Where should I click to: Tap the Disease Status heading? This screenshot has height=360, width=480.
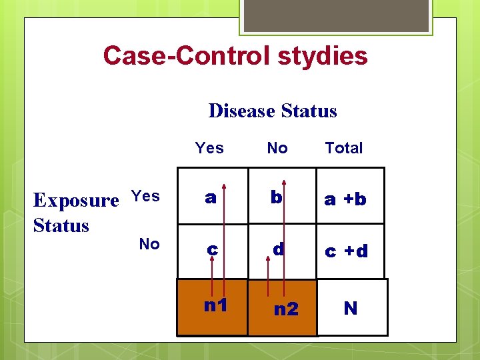[x=273, y=111]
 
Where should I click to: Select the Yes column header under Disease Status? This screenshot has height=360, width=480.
[x=209, y=148]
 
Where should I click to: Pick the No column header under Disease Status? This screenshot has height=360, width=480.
[x=277, y=148]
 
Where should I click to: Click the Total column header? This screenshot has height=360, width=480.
[x=344, y=148]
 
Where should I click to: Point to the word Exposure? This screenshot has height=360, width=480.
[x=76, y=200]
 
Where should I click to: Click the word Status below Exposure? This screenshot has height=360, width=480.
[x=61, y=225]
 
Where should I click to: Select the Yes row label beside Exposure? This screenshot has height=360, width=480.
[x=145, y=196]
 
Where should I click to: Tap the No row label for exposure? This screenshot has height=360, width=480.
[x=149, y=245]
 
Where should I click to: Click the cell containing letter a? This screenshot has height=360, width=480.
[x=211, y=198]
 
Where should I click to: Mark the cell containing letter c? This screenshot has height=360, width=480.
[x=212, y=249]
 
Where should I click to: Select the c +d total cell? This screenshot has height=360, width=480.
[x=346, y=251]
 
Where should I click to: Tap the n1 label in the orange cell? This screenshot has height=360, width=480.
[x=215, y=306]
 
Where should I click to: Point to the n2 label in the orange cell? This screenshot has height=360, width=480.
[x=286, y=309]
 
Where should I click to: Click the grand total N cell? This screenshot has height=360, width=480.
[x=351, y=308]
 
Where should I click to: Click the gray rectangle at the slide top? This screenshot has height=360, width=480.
[x=336, y=15]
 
